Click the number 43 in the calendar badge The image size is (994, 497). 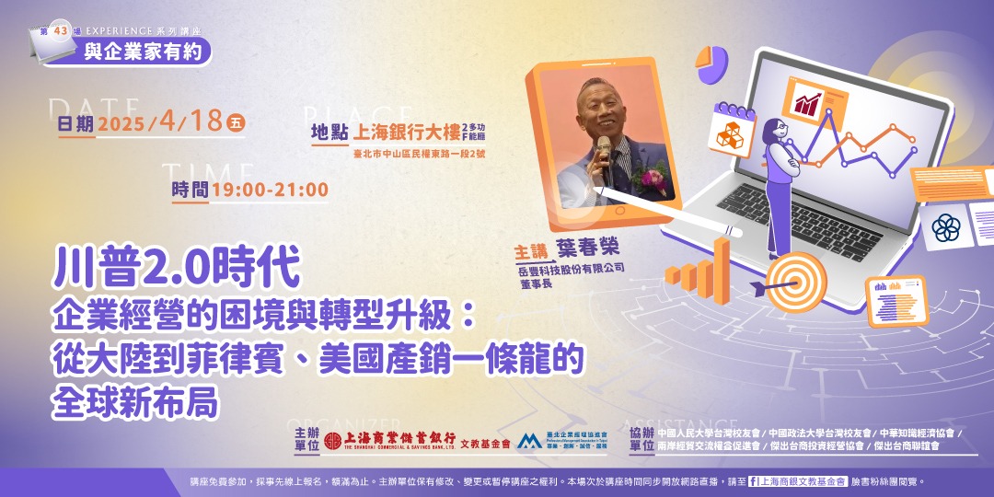[x=62, y=30]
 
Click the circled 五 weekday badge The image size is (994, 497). [x=236, y=122]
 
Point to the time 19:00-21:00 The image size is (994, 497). [x=269, y=191]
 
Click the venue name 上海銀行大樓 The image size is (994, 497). [x=406, y=132]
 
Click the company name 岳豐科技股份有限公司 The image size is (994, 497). [x=571, y=269]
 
